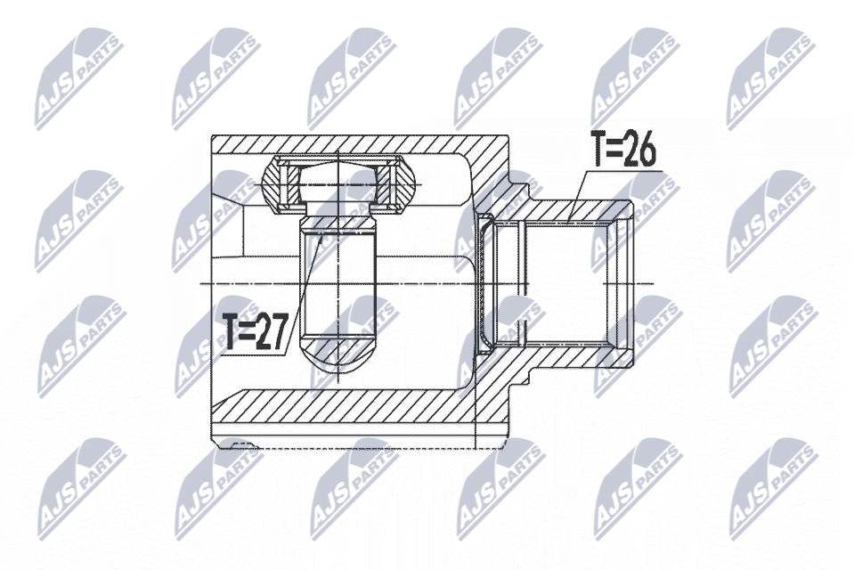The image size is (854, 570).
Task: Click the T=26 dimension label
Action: coord(624,148)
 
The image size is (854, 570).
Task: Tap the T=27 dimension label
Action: coord(255,332)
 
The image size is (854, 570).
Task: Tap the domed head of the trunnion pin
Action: coord(338,182)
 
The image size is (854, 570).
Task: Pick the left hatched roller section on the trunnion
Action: coord(280,183)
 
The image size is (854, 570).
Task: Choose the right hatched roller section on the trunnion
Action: coord(396,183)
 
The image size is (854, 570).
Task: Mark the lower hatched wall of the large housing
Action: coord(360,408)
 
